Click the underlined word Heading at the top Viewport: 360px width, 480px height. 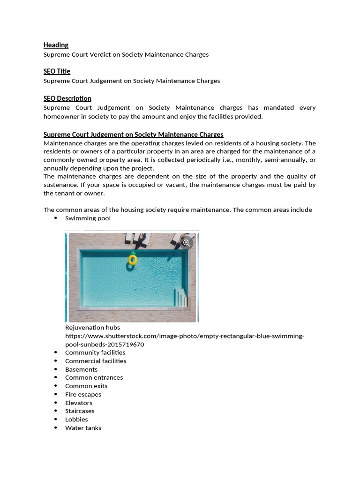(x=56, y=45)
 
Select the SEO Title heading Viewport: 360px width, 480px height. (x=57, y=71)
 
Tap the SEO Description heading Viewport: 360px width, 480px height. (x=67, y=98)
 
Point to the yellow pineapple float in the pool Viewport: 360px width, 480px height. (x=133, y=259)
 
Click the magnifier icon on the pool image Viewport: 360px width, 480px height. (x=186, y=242)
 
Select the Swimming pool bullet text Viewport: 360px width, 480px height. (x=88, y=218)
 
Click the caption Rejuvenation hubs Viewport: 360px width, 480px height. (x=92, y=328)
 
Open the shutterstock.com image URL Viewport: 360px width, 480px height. (x=184, y=336)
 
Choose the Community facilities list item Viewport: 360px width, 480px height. (x=95, y=352)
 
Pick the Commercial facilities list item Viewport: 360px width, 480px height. (x=96, y=361)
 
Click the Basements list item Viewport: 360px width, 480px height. (x=81, y=369)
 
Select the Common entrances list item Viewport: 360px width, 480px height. (x=94, y=377)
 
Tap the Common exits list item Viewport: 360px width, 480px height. (x=86, y=386)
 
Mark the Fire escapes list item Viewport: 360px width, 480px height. (x=83, y=394)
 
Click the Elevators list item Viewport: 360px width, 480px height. (x=79, y=403)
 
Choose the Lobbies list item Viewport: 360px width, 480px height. (x=76, y=420)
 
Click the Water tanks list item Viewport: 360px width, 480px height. (x=83, y=428)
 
